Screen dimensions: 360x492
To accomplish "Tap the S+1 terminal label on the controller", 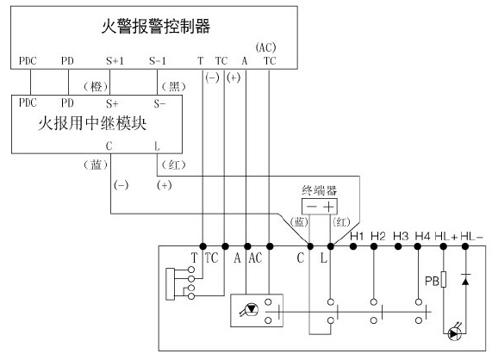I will pyautogui.click(x=114, y=61).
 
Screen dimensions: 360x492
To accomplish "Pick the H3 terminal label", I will pyautogui.click(x=401, y=234).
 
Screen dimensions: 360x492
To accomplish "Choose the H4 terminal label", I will pyautogui.click(x=422, y=234).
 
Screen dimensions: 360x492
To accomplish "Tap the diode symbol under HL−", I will pyautogui.click(x=465, y=279).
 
